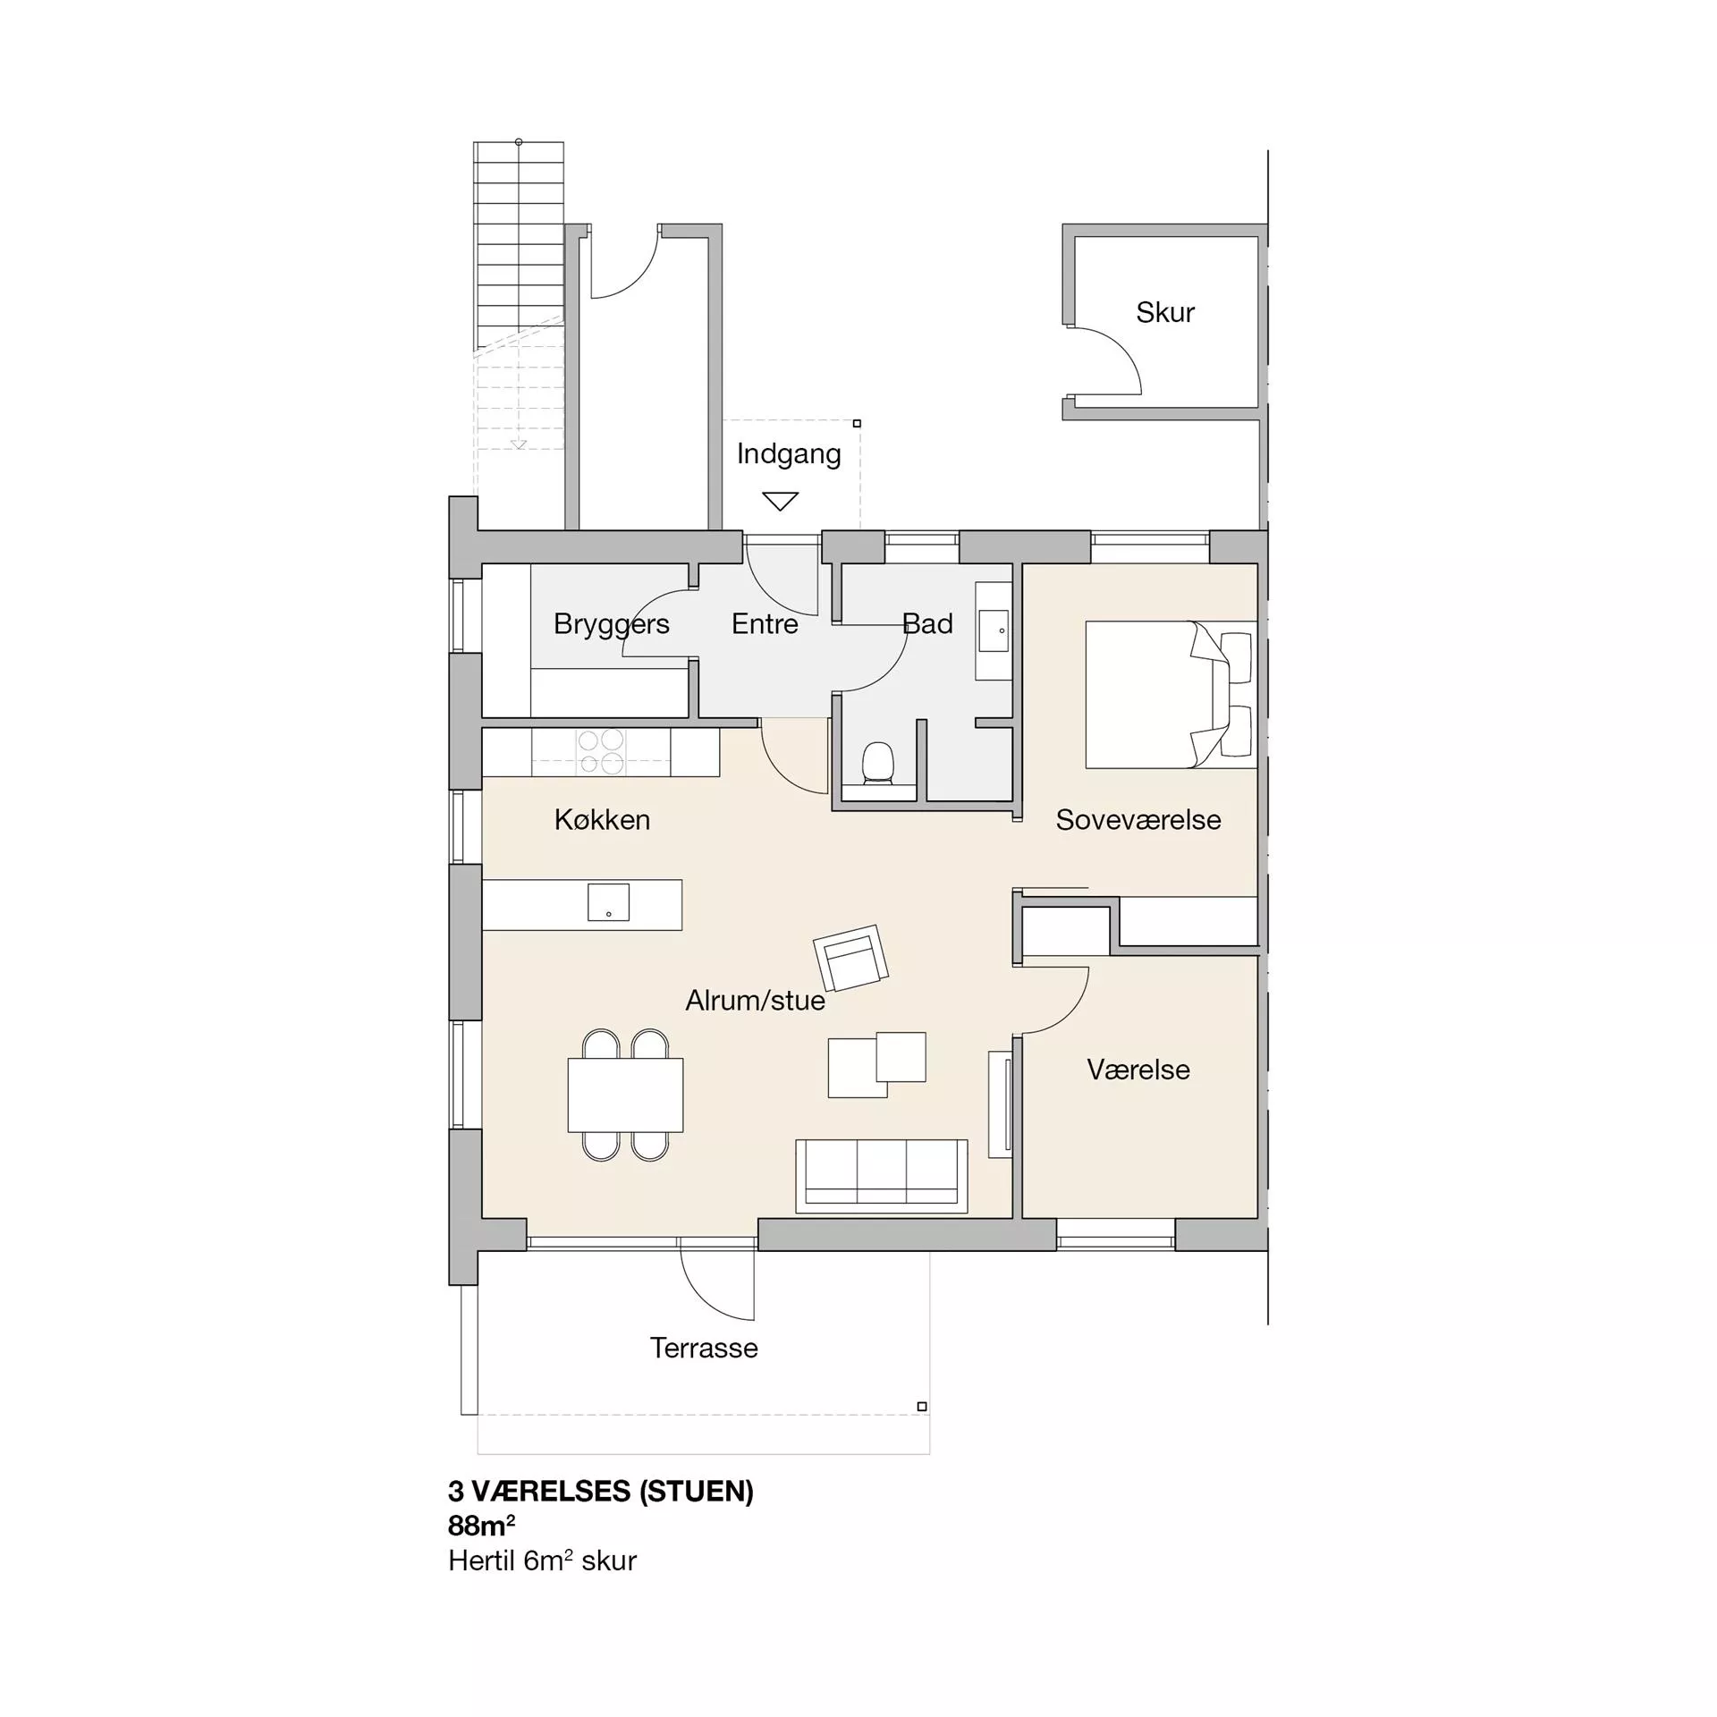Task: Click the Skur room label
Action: point(1164,312)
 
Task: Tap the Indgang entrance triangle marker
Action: point(780,501)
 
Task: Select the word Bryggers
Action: point(611,624)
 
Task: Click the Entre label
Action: point(765,623)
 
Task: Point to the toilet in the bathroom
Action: point(877,764)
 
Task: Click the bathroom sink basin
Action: point(994,630)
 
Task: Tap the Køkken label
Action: point(602,820)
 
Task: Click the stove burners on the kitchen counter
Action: point(600,751)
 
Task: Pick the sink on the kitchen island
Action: point(608,902)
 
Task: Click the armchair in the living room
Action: point(850,958)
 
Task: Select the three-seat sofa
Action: point(882,1176)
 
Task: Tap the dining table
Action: point(625,1095)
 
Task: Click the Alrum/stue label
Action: point(755,1000)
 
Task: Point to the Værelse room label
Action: point(1138,1070)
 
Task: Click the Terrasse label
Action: point(704,1348)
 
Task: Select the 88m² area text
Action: point(481,1525)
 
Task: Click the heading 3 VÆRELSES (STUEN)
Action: point(601,1491)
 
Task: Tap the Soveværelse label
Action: point(1138,820)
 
